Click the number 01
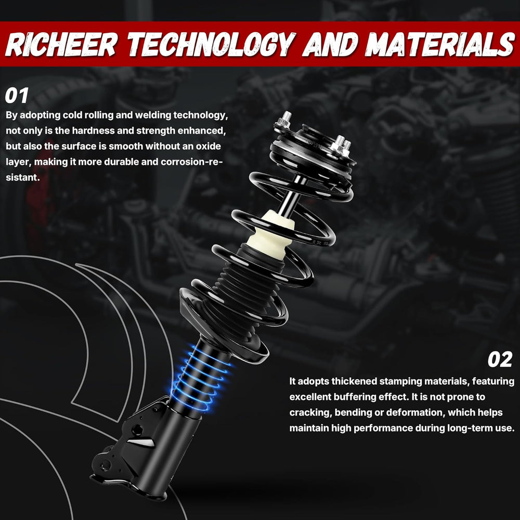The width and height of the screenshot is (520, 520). tap(17, 96)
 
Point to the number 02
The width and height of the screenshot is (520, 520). tap(500, 359)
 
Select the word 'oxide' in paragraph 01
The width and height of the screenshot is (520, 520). tap(209, 146)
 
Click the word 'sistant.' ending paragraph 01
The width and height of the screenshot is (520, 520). tap(22, 177)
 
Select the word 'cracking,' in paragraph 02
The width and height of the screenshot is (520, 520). tap(310, 413)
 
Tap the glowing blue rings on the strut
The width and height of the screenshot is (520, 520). tap(201, 378)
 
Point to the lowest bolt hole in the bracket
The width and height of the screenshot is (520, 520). tap(105, 465)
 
